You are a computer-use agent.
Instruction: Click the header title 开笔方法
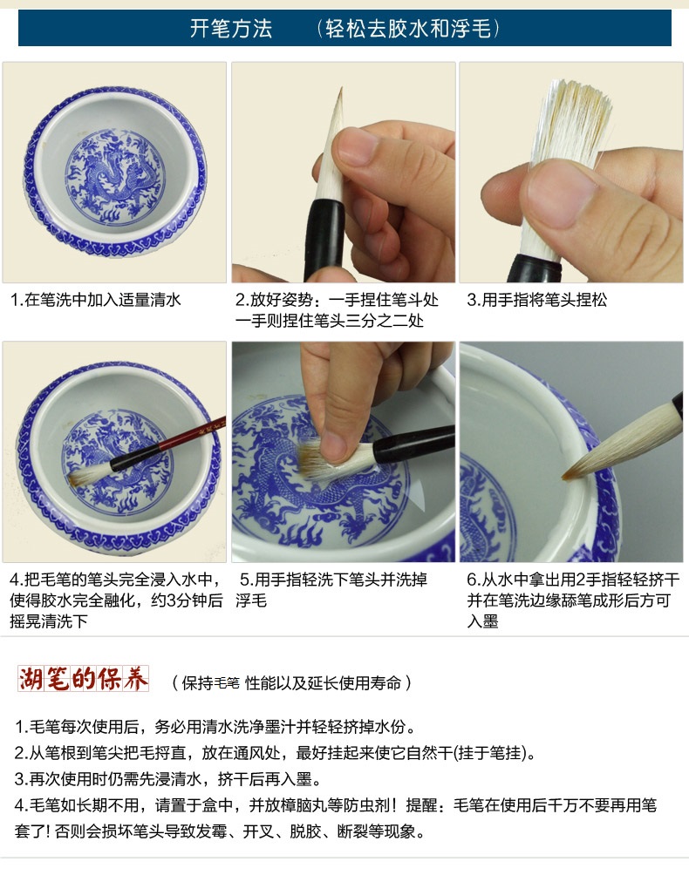[230, 29]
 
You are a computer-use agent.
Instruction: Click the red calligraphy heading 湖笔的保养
[83, 679]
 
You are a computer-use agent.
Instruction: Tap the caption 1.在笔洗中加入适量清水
[95, 300]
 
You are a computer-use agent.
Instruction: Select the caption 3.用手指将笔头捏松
[537, 300]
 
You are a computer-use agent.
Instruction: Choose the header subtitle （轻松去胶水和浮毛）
[408, 29]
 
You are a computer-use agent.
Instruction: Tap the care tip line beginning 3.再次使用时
[168, 779]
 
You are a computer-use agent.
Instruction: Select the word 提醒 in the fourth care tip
[421, 805]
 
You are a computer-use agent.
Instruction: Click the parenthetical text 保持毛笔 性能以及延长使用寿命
[291, 682]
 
